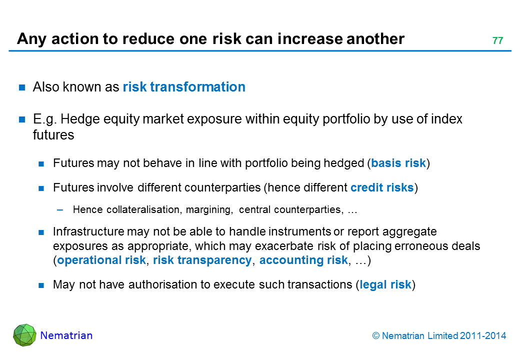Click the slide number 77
coord(498,40)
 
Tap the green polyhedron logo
coord(24,335)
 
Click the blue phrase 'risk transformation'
coord(184,87)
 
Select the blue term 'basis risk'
coord(398,163)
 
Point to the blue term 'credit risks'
coord(382,187)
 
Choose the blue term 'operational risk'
coord(101,260)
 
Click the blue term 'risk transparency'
coord(202,260)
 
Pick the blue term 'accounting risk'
coord(303,260)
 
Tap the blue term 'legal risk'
coord(385,285)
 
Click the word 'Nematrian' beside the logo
coord(66,335)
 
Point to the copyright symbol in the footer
coord(375,336)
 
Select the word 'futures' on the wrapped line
coord(53,135)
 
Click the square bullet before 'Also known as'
coord(22,87)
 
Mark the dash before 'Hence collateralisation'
coord(60,210)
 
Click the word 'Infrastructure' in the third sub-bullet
coord(88,231)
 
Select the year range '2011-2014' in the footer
coord(483,336)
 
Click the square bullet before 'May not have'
coord(41,285)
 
